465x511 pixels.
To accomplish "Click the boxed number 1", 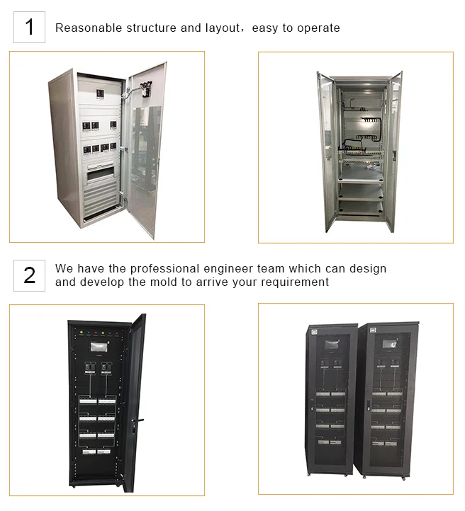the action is pos(29,27).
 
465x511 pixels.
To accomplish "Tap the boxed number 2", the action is pos(29,275).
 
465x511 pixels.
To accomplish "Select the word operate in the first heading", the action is pos(318,28).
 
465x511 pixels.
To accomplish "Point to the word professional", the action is pos(164,268).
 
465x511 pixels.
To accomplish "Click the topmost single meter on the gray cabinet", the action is pos(100,94).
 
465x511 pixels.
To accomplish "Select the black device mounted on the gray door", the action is pos(145,90).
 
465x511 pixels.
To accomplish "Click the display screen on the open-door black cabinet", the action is pos(99,347).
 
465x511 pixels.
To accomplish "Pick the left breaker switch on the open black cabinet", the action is pos(89,368).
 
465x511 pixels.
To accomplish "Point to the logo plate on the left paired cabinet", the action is pos(314,332).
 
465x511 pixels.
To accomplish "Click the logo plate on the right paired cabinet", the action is pos(373,331).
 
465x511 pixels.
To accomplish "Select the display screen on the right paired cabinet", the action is pos(390,344).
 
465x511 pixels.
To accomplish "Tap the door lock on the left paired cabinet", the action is pos(312,408).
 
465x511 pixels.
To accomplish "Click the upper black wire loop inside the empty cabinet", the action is pos(371,124).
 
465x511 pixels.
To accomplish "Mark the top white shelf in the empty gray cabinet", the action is pos(361,178).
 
